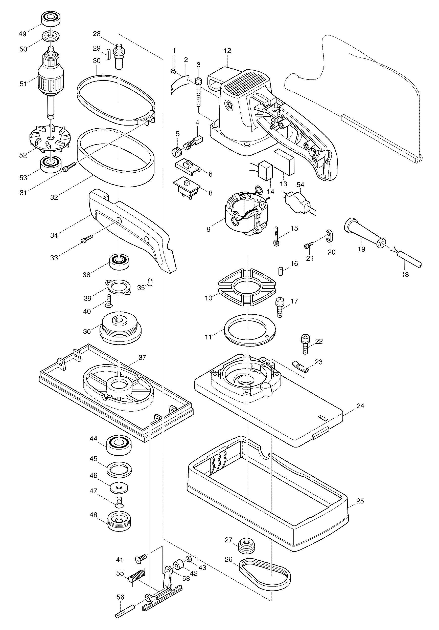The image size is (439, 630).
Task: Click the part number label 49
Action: pyautogui.click(x=22, y=34)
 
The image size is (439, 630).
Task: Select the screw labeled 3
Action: pyautogui.click(x=198, y=91)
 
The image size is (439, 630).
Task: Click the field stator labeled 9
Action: pyautogui.click(x=244, y=216)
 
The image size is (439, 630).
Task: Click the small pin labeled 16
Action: pyautogui.click(x=280, y=271)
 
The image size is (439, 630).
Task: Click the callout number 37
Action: pyautogui.click(x=142, y=358)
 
